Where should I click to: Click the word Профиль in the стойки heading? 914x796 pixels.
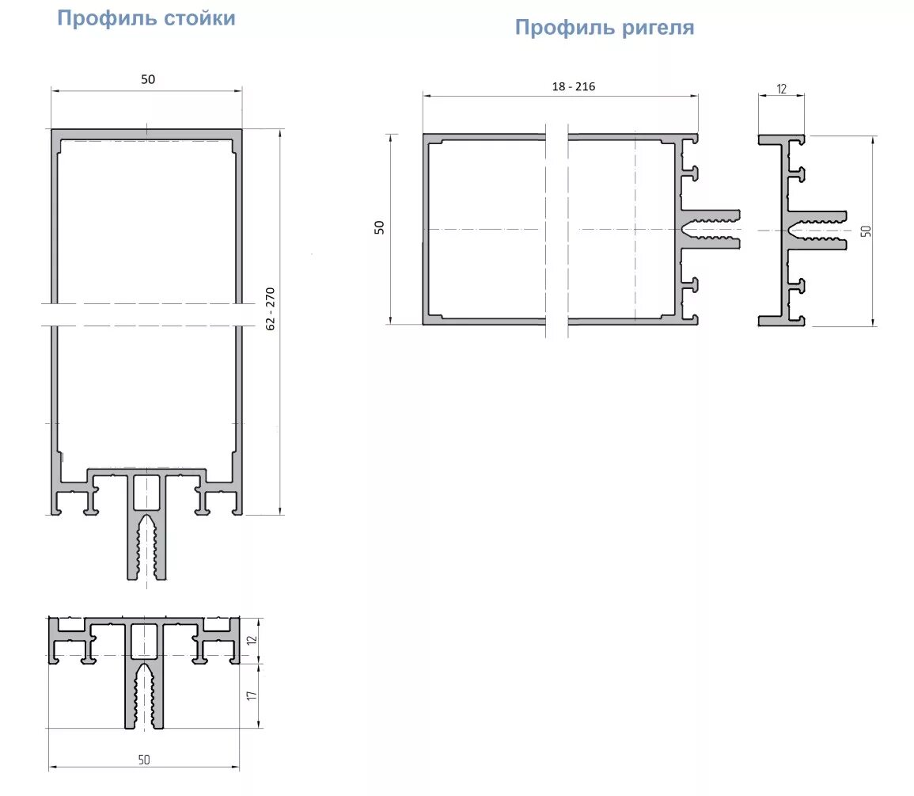pos(107,18)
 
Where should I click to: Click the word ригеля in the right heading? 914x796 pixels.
pos(658,28)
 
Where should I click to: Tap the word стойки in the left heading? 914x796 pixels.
pos(199,18)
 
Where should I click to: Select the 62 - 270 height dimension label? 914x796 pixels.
pos(270,309)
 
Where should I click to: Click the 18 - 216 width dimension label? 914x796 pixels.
pos(574,87)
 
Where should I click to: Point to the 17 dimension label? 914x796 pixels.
pos(251,695)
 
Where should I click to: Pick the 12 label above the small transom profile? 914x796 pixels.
pos(781,89)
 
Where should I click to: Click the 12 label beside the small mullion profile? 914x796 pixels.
pos(251,640)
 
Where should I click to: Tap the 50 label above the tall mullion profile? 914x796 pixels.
pos(148,79)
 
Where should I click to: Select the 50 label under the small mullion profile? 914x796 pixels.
pos(144,760)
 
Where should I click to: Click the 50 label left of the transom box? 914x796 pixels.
pos(380,227)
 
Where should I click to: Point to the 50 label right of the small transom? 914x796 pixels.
pos(867,231)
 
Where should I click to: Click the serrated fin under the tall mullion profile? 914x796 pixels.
pos(147,546)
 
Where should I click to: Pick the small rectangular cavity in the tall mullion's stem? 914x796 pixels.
pos(146,492)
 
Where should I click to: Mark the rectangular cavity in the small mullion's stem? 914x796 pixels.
pos(143,641)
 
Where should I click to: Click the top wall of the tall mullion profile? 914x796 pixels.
pos(146,134)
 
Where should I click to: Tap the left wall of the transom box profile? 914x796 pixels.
pos(426,230)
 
